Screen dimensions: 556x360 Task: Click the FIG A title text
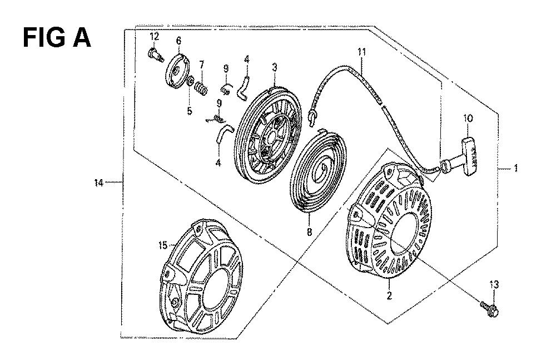[57, 38]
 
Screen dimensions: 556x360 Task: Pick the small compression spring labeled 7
[202, 89]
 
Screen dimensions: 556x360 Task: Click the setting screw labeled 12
[155, 56]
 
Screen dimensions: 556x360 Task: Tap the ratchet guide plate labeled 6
[178, 70]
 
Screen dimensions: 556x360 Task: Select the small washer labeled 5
[190, 83]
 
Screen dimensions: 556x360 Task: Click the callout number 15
[162, 245]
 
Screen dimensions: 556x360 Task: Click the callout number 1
[516, 168]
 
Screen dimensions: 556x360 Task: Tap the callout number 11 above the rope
[361, 52]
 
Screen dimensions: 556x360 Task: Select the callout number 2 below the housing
[389, 295]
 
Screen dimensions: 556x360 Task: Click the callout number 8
[309, 232]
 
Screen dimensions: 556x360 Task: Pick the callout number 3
[275, 67]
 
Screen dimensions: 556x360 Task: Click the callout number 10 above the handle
[468, 119]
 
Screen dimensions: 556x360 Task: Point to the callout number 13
[494, 284]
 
